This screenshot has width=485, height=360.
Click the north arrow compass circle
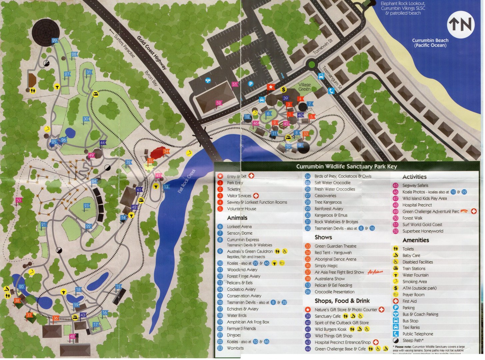tap(461, 24)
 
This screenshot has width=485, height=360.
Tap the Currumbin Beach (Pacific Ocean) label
tap(430, 43)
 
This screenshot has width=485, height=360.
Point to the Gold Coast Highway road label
tap(152, 52)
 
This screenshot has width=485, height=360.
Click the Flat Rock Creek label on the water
tap(187, 181)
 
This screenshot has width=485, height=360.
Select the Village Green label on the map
tap(304, 87)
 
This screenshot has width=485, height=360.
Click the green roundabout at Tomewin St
tap(311, 64)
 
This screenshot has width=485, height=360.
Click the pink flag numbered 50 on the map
tap(19, 200)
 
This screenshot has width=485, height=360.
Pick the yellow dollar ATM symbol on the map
tap(284, 89)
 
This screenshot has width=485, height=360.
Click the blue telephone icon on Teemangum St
tap(331, 91)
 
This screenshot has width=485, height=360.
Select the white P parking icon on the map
tap(251, 84)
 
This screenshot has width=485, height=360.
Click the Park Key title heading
tap(347, 166)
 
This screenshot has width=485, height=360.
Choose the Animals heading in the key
tap(237, 218)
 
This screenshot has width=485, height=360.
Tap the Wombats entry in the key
tap(235, 348)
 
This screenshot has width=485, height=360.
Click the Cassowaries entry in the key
tap(325, 196)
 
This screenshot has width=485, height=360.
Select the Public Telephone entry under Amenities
tap(418, 334)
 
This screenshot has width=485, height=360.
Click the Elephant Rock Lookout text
tap(403, 4)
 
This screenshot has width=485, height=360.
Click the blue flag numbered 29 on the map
tap(54, 41)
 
